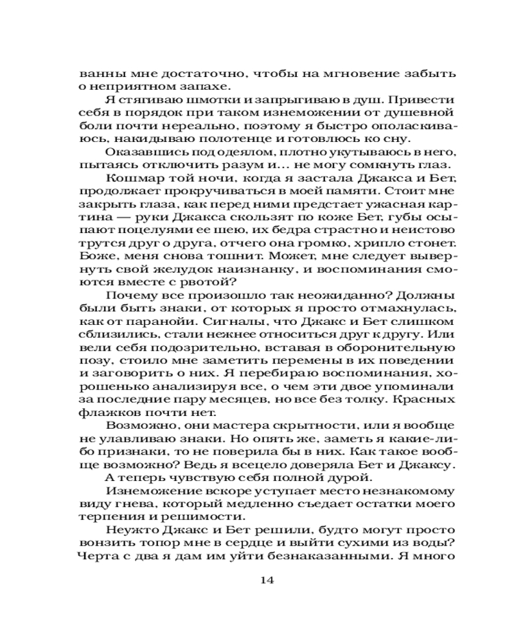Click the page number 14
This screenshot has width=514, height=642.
click(x=268, y=580)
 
